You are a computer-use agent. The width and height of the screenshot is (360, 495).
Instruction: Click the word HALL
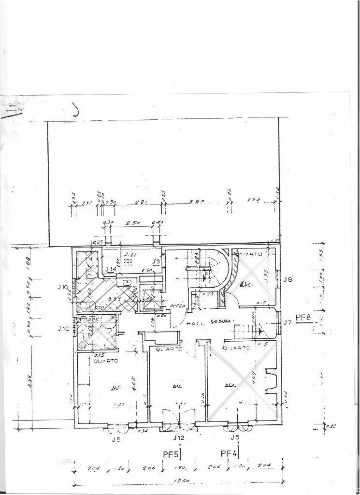(196, 324)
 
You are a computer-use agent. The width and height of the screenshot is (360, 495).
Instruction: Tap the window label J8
(288, 279)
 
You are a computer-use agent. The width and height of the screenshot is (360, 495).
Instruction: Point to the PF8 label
(303, 318)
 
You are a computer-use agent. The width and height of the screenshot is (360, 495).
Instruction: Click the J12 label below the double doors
(178, 438)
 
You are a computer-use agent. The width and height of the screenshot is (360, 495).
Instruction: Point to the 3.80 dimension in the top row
(194, 201)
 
